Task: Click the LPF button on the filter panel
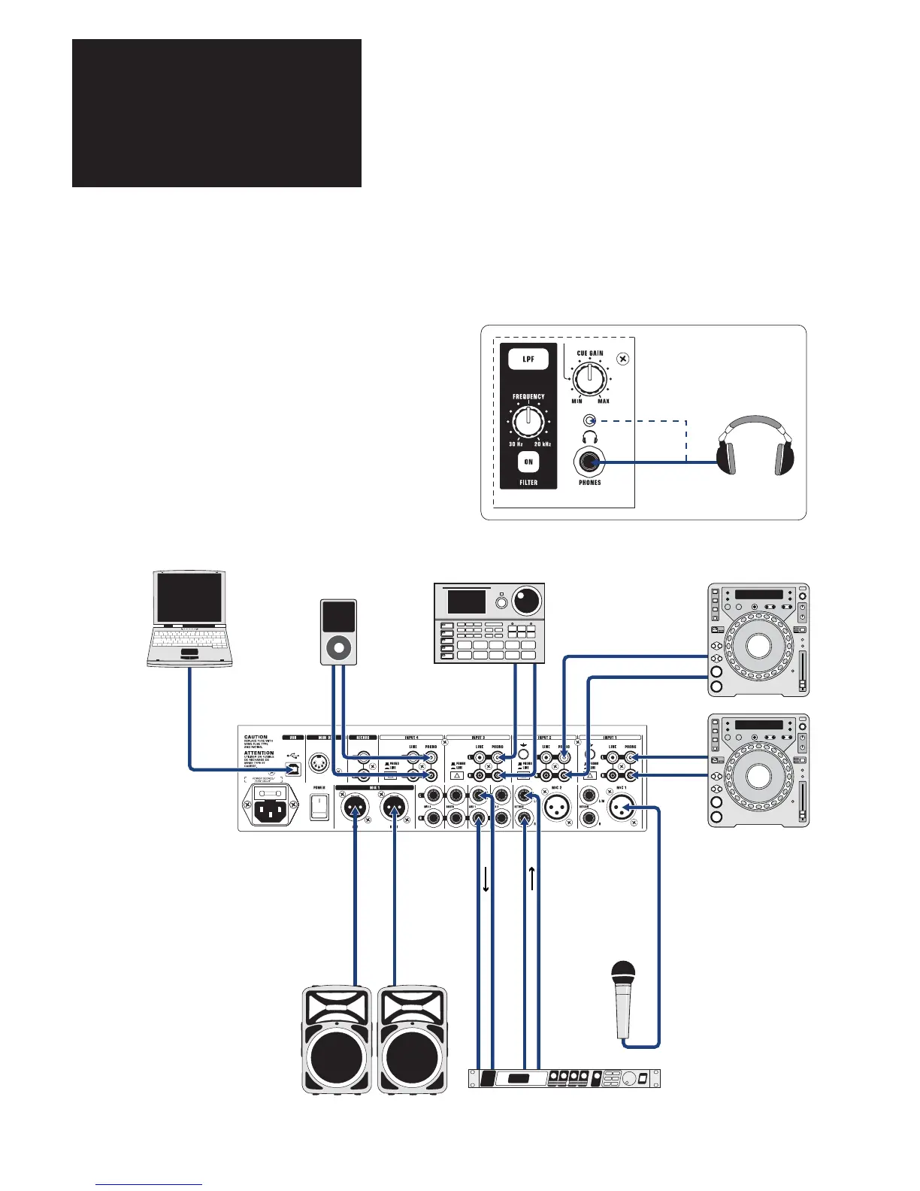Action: [528, 359]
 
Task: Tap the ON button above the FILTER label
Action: [528, 462]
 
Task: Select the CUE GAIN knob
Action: [590, 377]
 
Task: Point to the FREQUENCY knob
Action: [528, 423]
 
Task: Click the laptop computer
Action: [188, 618]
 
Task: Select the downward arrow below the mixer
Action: [486, 878]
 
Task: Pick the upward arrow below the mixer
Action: [532, 878]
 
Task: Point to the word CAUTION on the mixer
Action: [256, 738]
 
